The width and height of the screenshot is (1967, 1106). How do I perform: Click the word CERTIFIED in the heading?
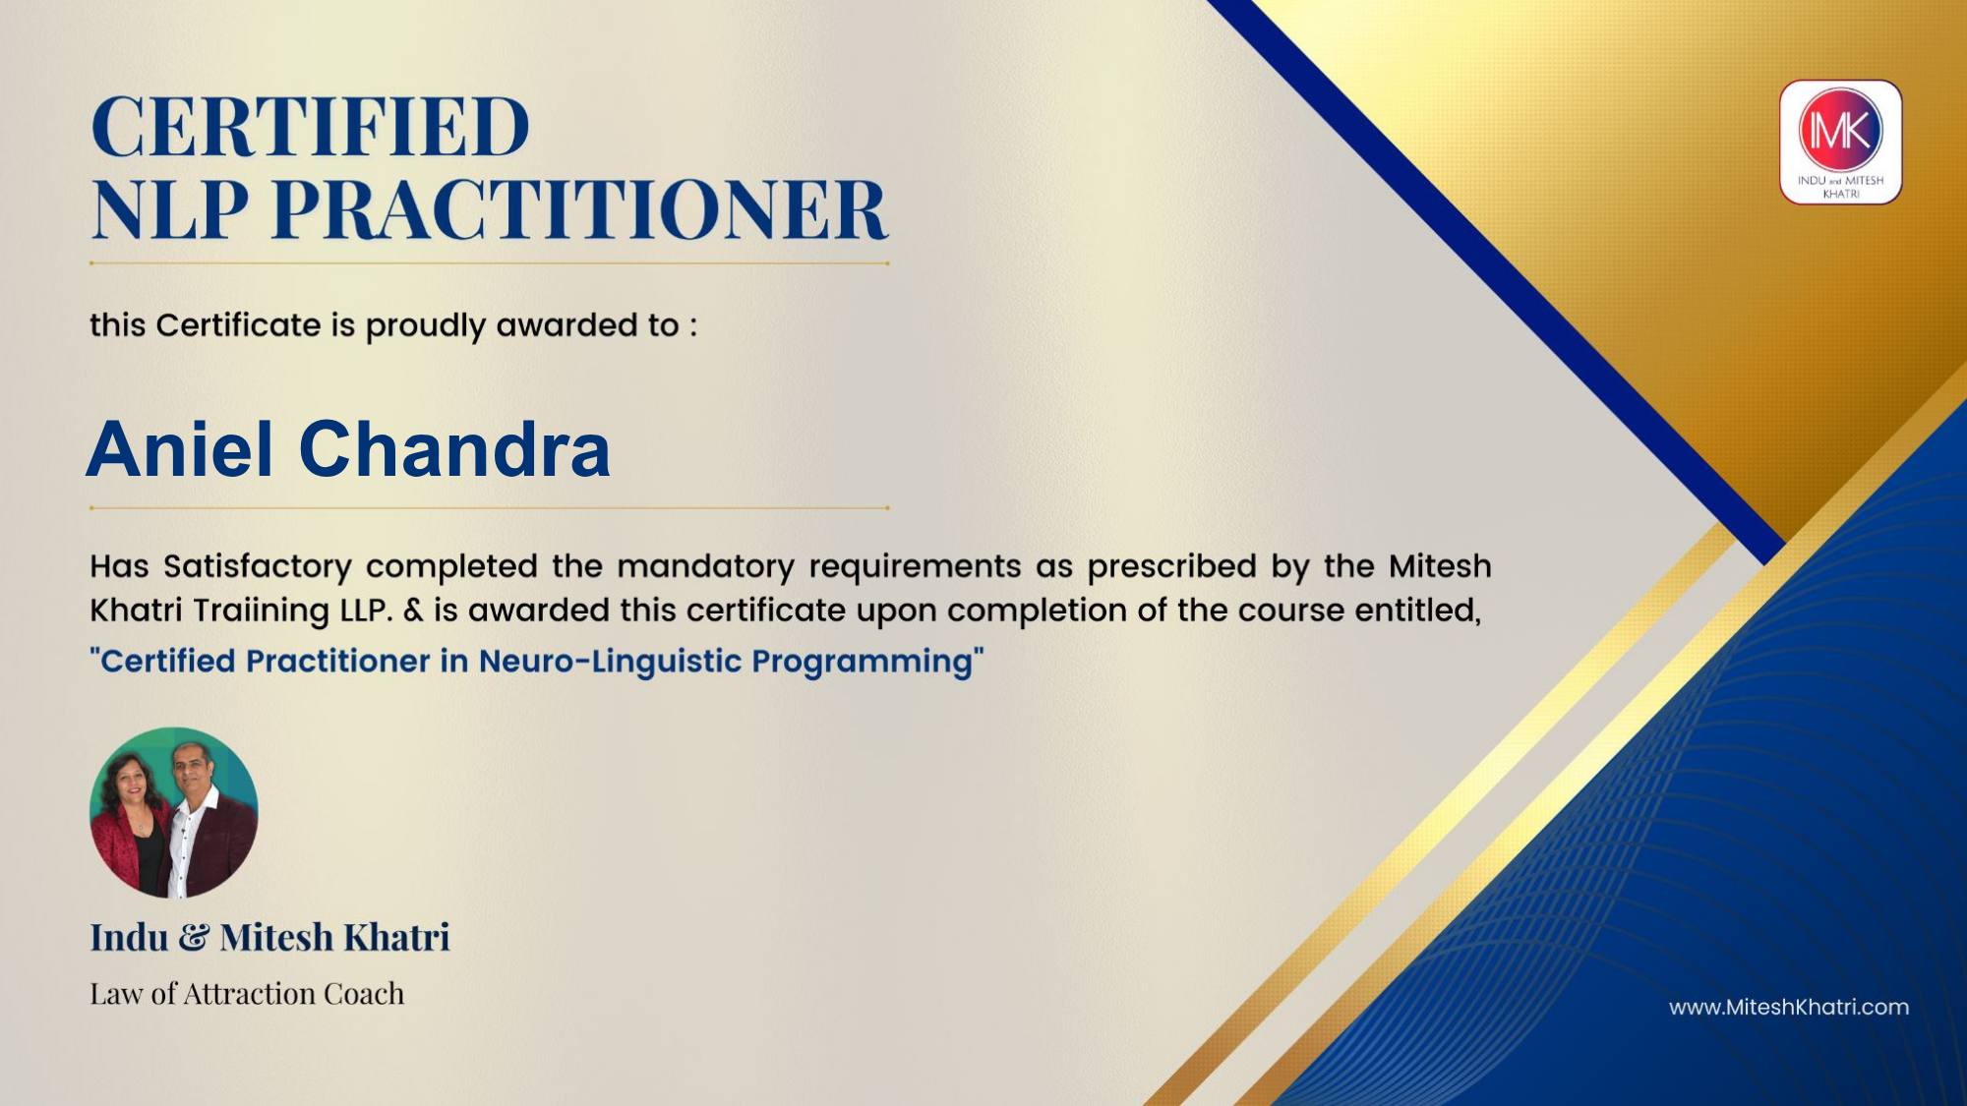coord(311,127)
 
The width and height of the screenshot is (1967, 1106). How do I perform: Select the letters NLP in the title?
coord(170,209)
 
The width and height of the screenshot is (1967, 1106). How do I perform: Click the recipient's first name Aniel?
coord(180,449)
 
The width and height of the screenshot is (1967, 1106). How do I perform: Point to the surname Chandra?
coord(454,449)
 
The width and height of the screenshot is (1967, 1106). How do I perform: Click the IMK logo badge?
coord(1840,143)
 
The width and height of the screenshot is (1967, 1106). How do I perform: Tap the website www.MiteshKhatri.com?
coord(1789,1007)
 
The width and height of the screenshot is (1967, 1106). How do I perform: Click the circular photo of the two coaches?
coord(174,812)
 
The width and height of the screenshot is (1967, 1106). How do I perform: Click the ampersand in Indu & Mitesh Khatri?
coord(194,937)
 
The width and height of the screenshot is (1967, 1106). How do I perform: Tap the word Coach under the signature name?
coord(364,994)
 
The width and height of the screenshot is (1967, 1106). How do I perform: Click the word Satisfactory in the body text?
coord(258,567)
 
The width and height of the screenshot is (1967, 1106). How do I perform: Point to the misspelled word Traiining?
coord(261,611)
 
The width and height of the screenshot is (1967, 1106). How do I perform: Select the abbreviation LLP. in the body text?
coord(367,611)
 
